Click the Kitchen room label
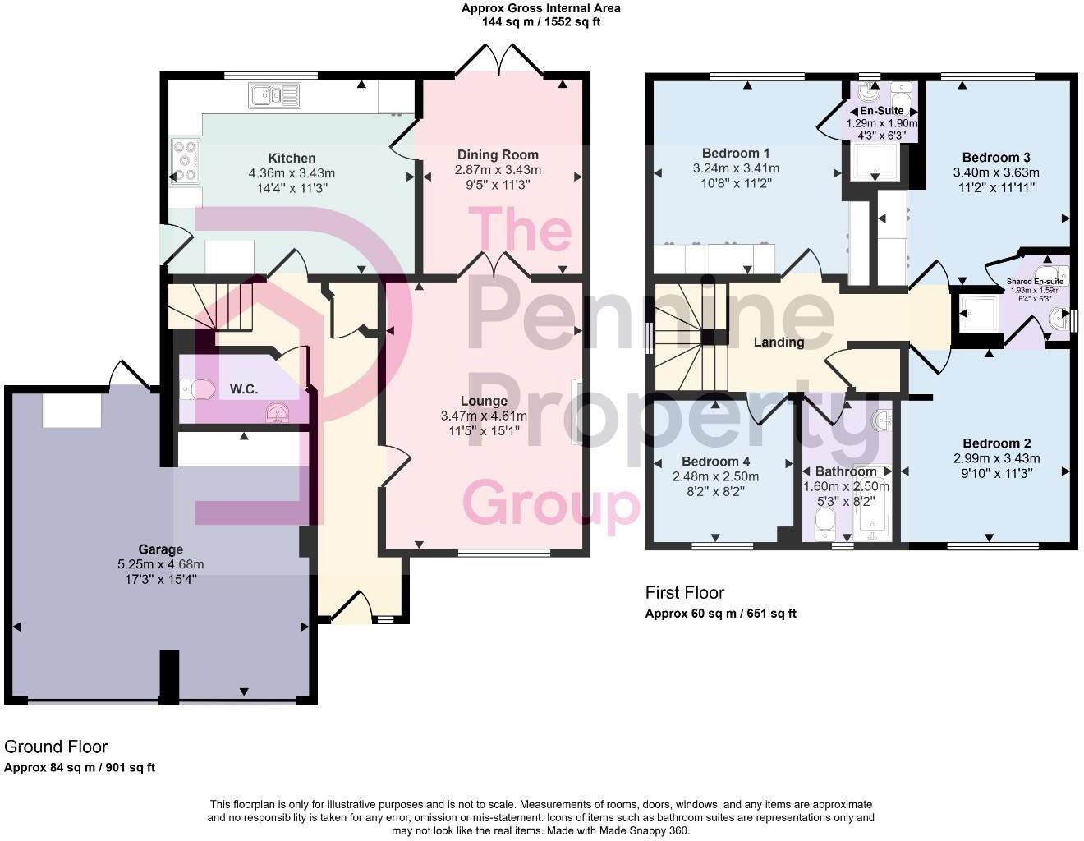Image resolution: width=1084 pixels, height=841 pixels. point(292,158)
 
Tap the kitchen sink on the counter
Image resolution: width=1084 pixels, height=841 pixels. point(274,97)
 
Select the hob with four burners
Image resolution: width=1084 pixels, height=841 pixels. point(184,160)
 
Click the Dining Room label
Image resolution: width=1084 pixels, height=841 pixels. point(498,154)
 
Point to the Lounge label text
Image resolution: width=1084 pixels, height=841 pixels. point(484,401)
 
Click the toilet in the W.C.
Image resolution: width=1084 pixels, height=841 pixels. point(197,388)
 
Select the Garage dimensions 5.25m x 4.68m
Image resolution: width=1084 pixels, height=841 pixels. point(160,564)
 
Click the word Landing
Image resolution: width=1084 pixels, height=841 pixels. point(779,342)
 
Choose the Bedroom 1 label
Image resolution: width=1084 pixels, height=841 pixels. point(736,153)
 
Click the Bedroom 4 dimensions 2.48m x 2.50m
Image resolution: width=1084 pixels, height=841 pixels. point(715,476)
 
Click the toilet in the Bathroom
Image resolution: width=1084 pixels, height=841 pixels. point(824,521)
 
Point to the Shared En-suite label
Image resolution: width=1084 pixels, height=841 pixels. point(1035,282)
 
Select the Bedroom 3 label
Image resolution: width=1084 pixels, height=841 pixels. point(996,157)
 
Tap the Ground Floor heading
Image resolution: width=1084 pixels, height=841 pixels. point(56,747)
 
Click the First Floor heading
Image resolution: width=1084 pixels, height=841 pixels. point(684,592)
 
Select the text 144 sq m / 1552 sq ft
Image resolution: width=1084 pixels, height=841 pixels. point(540,22)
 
